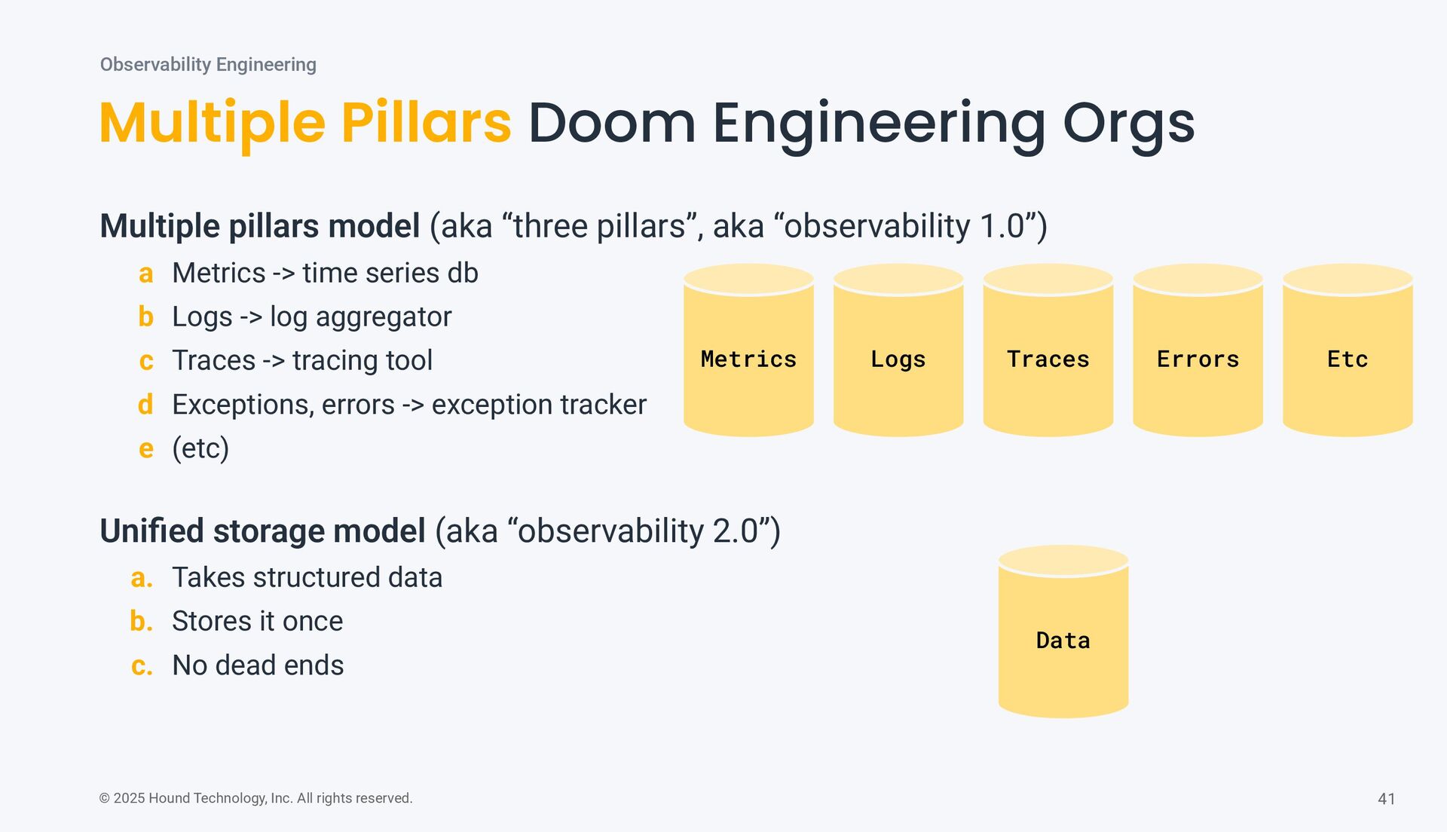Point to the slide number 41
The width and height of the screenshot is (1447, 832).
click(x=1386, y=799)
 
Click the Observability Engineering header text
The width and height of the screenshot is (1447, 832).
click(x=208, y=65)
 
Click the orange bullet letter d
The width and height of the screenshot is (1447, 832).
click(x=145, y=405)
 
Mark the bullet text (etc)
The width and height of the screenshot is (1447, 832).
click(x=200, y=448)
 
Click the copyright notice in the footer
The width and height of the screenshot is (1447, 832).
click(x=255, y=798)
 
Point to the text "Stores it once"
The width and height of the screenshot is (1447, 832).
click(x=257, y=621)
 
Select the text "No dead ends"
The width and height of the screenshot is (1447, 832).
click(x=258, y=665)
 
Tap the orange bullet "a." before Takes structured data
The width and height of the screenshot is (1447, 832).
click(x=141, y=578)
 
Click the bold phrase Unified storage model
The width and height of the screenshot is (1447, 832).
click(x=262, y=531)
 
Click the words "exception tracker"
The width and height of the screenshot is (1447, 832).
click(x=539, y=405)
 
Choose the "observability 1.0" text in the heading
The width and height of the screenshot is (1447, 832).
click(x=904, y=226)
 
